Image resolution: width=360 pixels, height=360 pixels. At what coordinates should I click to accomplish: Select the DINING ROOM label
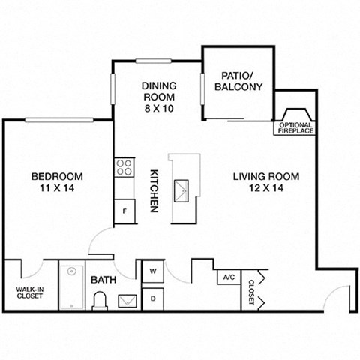158,91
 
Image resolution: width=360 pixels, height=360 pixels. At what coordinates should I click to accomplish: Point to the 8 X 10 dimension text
158,109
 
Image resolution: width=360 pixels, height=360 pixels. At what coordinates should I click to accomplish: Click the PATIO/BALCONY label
238,81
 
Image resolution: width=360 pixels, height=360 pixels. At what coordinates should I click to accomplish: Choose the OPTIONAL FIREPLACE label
296,127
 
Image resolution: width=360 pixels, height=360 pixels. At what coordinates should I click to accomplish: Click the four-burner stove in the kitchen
124,167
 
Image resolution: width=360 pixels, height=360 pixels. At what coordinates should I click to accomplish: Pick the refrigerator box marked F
124,211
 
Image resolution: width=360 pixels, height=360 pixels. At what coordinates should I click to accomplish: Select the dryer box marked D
151,298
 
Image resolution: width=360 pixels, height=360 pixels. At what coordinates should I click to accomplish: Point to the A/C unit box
228,277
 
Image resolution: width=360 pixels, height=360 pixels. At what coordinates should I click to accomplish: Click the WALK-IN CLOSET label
30,292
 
